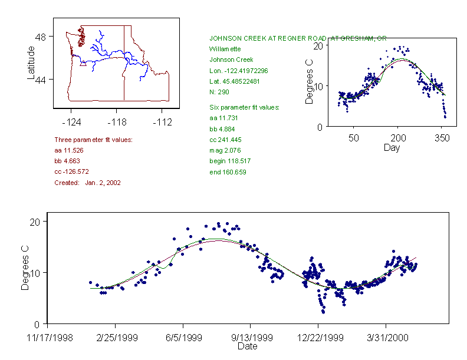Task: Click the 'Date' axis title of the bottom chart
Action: [247, 346]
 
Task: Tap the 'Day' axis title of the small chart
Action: [392, 147]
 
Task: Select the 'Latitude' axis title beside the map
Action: [31, 62]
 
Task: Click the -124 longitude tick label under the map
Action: [71, 123]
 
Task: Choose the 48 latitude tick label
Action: [41, 37]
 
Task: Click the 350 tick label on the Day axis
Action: [442, 138]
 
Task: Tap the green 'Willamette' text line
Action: [226, 49]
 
